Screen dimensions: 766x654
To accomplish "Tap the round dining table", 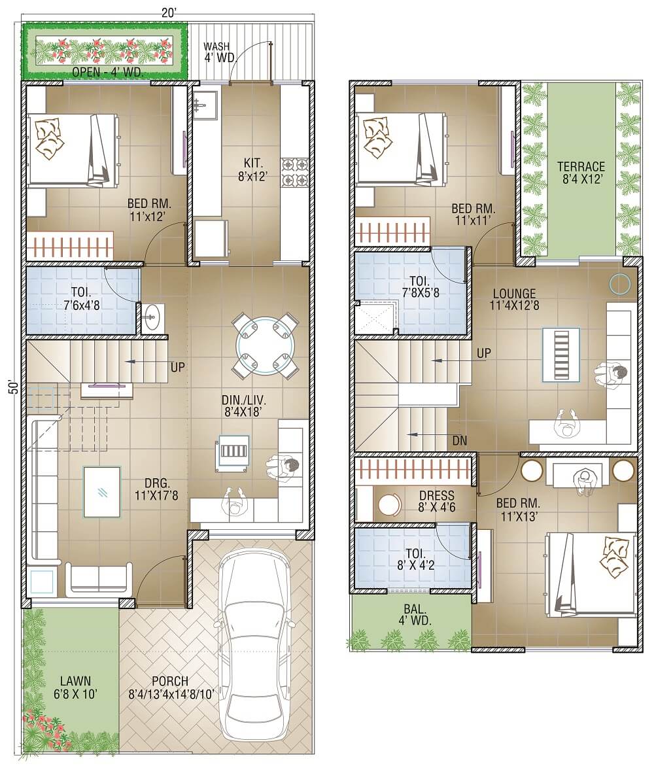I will (266, 345).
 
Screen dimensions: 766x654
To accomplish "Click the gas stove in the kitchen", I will (294, 171).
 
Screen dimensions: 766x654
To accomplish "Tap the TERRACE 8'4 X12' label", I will (581, 173).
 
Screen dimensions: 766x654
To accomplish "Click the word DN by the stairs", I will (459, 441).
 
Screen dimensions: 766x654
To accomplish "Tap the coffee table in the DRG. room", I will (102, 492).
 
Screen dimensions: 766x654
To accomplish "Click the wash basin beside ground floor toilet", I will (152, 319).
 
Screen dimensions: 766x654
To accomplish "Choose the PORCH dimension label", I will (170, 687).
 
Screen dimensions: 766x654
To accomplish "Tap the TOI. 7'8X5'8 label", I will (419, 287).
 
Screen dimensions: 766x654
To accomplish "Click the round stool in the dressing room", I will (390, 505).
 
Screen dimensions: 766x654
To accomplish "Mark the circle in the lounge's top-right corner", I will (619, 283).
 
